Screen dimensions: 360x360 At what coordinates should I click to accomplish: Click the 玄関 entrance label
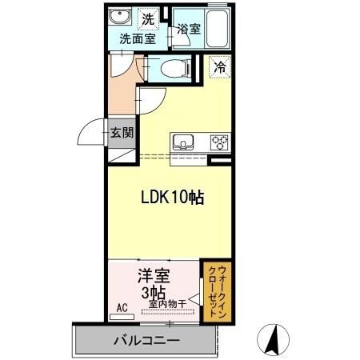pos(122,133)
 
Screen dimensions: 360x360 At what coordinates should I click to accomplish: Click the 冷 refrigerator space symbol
pos(218,68)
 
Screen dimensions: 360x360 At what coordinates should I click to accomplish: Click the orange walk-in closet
pos(214,293)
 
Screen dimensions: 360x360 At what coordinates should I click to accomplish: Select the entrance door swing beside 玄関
pos(94,132)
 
